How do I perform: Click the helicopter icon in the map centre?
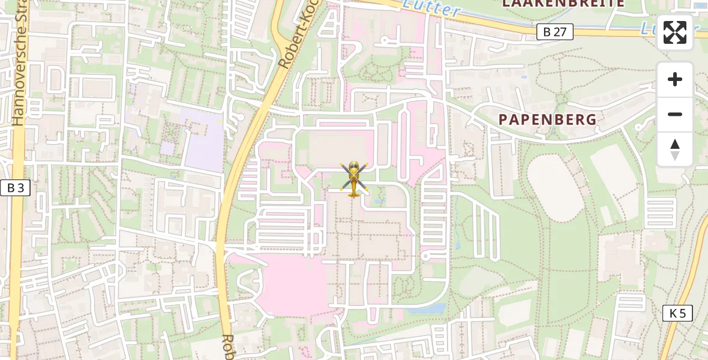point(353,179)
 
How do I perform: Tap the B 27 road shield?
point(554,32)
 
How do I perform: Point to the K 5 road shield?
point(677,313)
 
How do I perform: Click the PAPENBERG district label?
point(548,119)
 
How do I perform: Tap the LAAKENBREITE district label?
point(563,4)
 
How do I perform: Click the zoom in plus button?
point(675,80)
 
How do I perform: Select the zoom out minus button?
point(675,115)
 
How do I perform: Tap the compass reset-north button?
point(675,149)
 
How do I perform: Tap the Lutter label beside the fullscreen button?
point(648,27)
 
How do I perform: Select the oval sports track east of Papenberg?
point(556,187)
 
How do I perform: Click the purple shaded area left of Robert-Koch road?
point(204,144)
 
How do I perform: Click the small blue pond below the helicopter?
point(378,201)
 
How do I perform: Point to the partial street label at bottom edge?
point(228,348)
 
